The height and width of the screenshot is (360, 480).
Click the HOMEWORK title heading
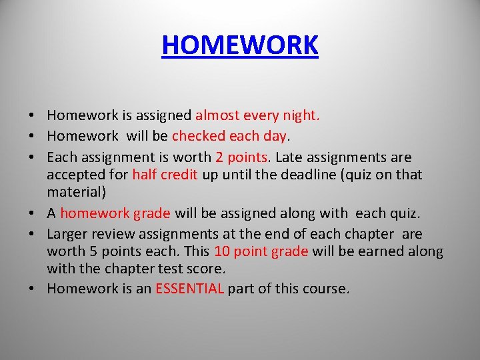click(x=240, y=45)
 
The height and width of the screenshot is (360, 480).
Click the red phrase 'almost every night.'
click(x=257, y=116)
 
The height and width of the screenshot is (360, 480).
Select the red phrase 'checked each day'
click(x=229, y=137)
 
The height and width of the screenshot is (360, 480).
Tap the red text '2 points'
click(x=242, y=158)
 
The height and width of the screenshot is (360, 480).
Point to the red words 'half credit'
click(x=164, y=175)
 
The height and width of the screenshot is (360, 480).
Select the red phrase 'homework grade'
click(x=115, y=213)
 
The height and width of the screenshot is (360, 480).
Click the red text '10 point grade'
click(x=261, y=251)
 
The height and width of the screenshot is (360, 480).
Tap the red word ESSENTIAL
click(x=189, y=289)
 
